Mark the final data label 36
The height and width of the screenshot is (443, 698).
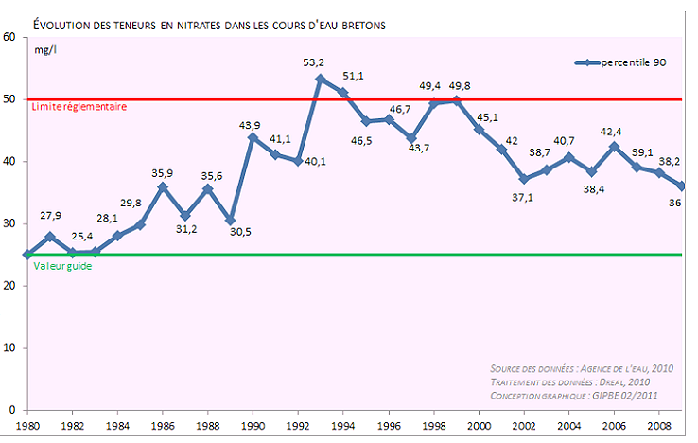676,202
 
